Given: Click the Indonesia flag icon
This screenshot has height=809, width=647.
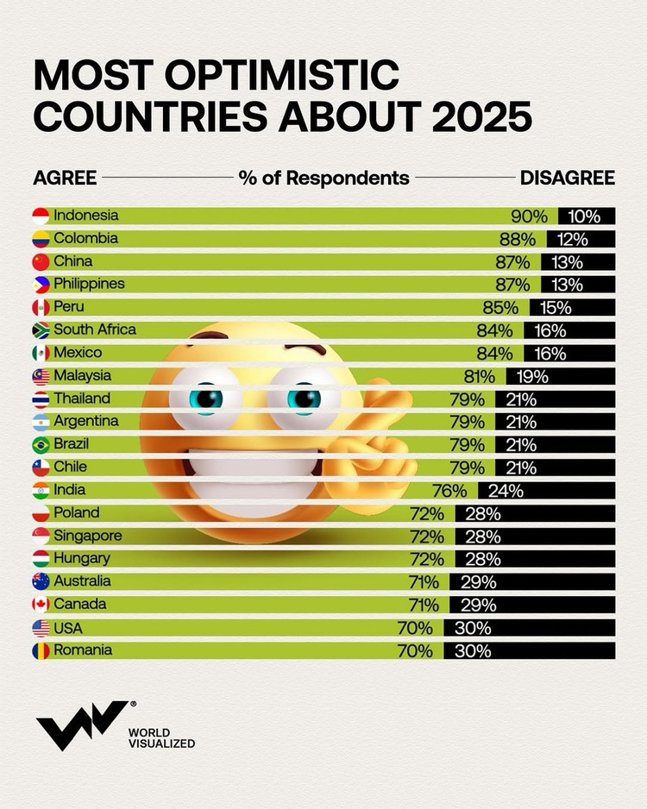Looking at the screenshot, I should [41, 216].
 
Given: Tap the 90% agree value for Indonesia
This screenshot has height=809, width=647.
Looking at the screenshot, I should [529, 216].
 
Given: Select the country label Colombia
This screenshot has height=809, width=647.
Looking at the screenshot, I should [85, 238].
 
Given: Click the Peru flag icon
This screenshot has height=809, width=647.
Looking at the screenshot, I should [41, 307].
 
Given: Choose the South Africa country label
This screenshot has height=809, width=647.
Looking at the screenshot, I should [95, 329].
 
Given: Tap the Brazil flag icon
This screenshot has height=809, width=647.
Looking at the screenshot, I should [41, 445].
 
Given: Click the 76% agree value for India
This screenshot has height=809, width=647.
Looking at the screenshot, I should [449, 491].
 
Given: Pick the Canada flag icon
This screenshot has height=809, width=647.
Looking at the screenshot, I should [41, 605].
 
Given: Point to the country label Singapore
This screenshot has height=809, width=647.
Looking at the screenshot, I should [88, 536].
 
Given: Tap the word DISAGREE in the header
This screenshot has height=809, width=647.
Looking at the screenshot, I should [567, 178].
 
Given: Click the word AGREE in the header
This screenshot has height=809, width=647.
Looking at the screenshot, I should [65, 178].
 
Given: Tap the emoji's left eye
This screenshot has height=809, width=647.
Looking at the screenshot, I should [207, 398].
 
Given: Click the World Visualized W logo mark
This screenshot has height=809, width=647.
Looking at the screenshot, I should [79, 725].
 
